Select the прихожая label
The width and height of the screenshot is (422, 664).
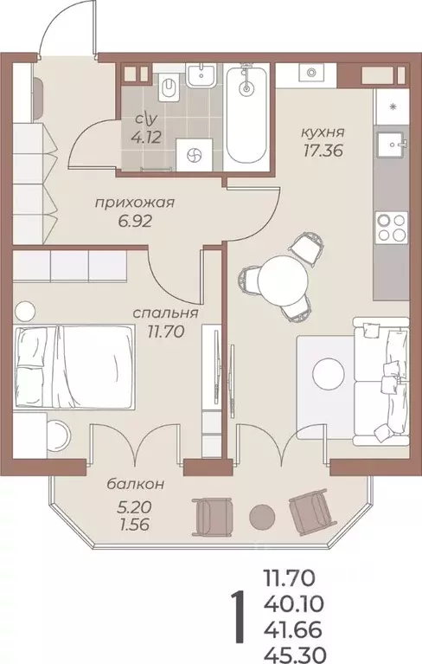[134, 203]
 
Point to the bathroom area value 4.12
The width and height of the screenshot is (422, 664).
[141, 135]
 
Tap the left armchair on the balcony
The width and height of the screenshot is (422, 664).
[212, 518]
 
